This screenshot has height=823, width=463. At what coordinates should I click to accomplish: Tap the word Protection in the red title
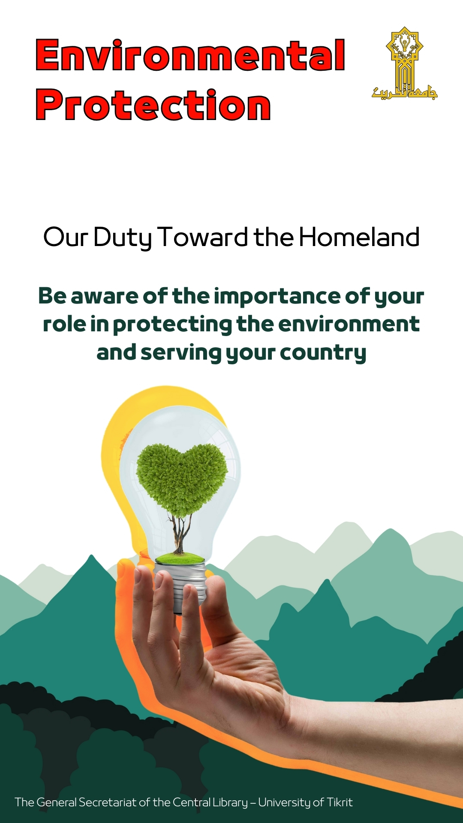[x=153, y=105]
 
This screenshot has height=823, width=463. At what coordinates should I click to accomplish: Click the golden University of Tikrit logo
[x=405, y=63]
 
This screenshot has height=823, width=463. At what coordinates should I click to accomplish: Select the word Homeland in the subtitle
[x=359, y=237]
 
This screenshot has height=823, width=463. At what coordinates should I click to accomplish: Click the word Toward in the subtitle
[x=203, y=237]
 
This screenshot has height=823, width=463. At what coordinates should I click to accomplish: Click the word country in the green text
[x=323, y=353]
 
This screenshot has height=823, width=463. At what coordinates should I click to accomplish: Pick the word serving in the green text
[x=180, y=353]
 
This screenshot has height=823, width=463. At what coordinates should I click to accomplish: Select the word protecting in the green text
[x=172, y=325]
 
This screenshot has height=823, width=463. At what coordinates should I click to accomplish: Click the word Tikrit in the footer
[x=340, y=802]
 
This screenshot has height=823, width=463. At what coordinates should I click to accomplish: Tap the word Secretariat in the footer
[x=108, y=802]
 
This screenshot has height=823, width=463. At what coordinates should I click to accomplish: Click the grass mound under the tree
[x=180, y=558]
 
